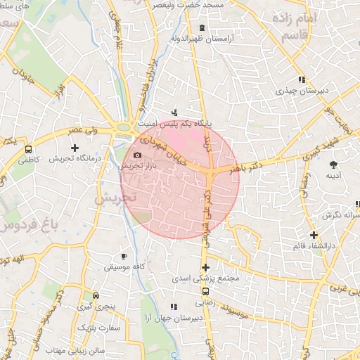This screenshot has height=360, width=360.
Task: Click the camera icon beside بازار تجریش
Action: [x=137, y=155]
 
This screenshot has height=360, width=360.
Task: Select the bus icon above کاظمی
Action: [x=28, y=149]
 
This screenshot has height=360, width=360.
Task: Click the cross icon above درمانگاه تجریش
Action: [x=75, y=148]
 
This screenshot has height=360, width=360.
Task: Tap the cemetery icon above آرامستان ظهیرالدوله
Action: [x=202, y=28]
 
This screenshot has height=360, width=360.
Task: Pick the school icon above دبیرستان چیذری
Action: [x=302, y=79]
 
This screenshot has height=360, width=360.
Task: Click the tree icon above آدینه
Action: [x=333, y=165]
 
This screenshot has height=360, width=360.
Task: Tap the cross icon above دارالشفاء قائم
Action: [x=314, y=235]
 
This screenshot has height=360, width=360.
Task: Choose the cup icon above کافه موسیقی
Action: [x=124, y=256]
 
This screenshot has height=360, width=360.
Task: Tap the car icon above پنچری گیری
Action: [x=96, y=296]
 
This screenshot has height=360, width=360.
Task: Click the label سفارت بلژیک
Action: [x=99, y=328]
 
